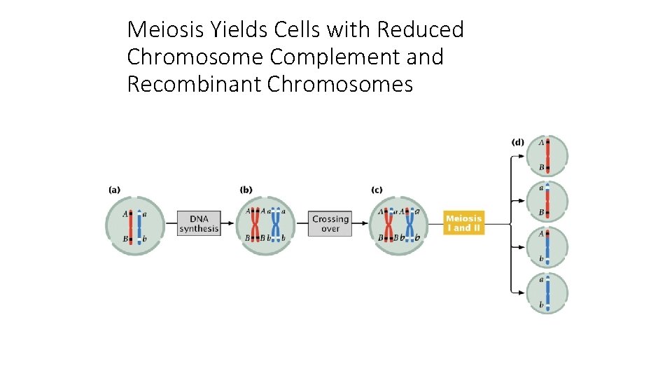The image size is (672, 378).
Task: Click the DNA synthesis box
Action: point(199,223)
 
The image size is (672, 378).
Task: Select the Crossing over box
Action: point(330,224)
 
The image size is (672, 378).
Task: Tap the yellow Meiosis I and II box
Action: point(464,223)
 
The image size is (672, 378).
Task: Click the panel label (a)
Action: point(114,189)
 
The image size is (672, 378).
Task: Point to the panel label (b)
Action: point(246,189)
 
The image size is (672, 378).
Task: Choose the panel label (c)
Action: point(377,189)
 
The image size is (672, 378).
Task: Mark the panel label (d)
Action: point(517,142)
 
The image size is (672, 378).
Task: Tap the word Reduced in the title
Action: point(421,30)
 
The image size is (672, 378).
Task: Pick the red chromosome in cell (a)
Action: point(131,225)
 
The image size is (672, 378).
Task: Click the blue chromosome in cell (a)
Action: point(139,226)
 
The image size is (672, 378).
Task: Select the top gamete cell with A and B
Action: point(547,155)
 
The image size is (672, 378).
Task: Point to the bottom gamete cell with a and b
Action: point(547,293)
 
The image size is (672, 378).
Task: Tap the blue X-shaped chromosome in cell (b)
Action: point(276,224)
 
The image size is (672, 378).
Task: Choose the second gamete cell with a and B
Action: point(547,200)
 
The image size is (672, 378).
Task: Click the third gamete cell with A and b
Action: point(547,247)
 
